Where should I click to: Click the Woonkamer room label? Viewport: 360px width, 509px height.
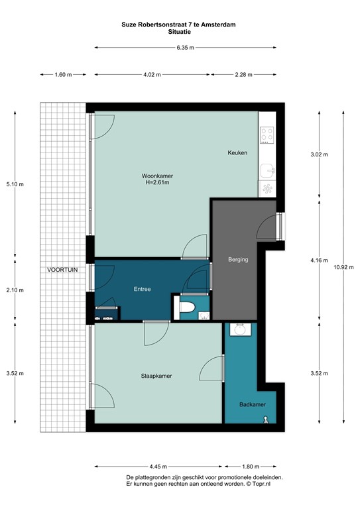[x=157, y=176]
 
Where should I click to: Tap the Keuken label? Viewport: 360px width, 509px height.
[x=237, y=152]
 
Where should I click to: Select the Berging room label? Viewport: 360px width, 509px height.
[x=238, y=259]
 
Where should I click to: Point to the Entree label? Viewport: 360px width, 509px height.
[x=142, y=289]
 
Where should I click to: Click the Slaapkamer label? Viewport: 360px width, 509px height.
[x=156, y=376]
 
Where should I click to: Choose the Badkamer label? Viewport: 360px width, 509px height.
[x=253, y=404]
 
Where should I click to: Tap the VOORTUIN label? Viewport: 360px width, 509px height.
[x=62, y=270]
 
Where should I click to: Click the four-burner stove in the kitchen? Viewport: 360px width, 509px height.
[x=267, y=135]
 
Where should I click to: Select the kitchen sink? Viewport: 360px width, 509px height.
[x=267, y=170]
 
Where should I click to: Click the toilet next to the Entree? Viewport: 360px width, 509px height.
[x=187, y=307]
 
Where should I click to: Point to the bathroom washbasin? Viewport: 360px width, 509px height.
[x=240, y=329]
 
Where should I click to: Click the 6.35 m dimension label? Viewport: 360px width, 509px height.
[x=186, y=48]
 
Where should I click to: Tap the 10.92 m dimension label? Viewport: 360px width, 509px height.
[x=343, y=268]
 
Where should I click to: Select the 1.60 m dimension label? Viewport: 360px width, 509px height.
[x=63, y=75]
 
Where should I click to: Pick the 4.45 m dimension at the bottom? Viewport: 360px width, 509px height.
[x=158, y=467]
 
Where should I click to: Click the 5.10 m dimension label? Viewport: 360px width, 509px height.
[x=15, y=184]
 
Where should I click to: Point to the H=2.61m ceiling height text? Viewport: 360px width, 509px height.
[x=157, y=182]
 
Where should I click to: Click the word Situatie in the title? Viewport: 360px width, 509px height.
[x=180, y=32]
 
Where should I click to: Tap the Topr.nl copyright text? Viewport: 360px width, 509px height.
[x=259, y=484]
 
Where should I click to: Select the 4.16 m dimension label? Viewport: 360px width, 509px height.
[x=319, y=260]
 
